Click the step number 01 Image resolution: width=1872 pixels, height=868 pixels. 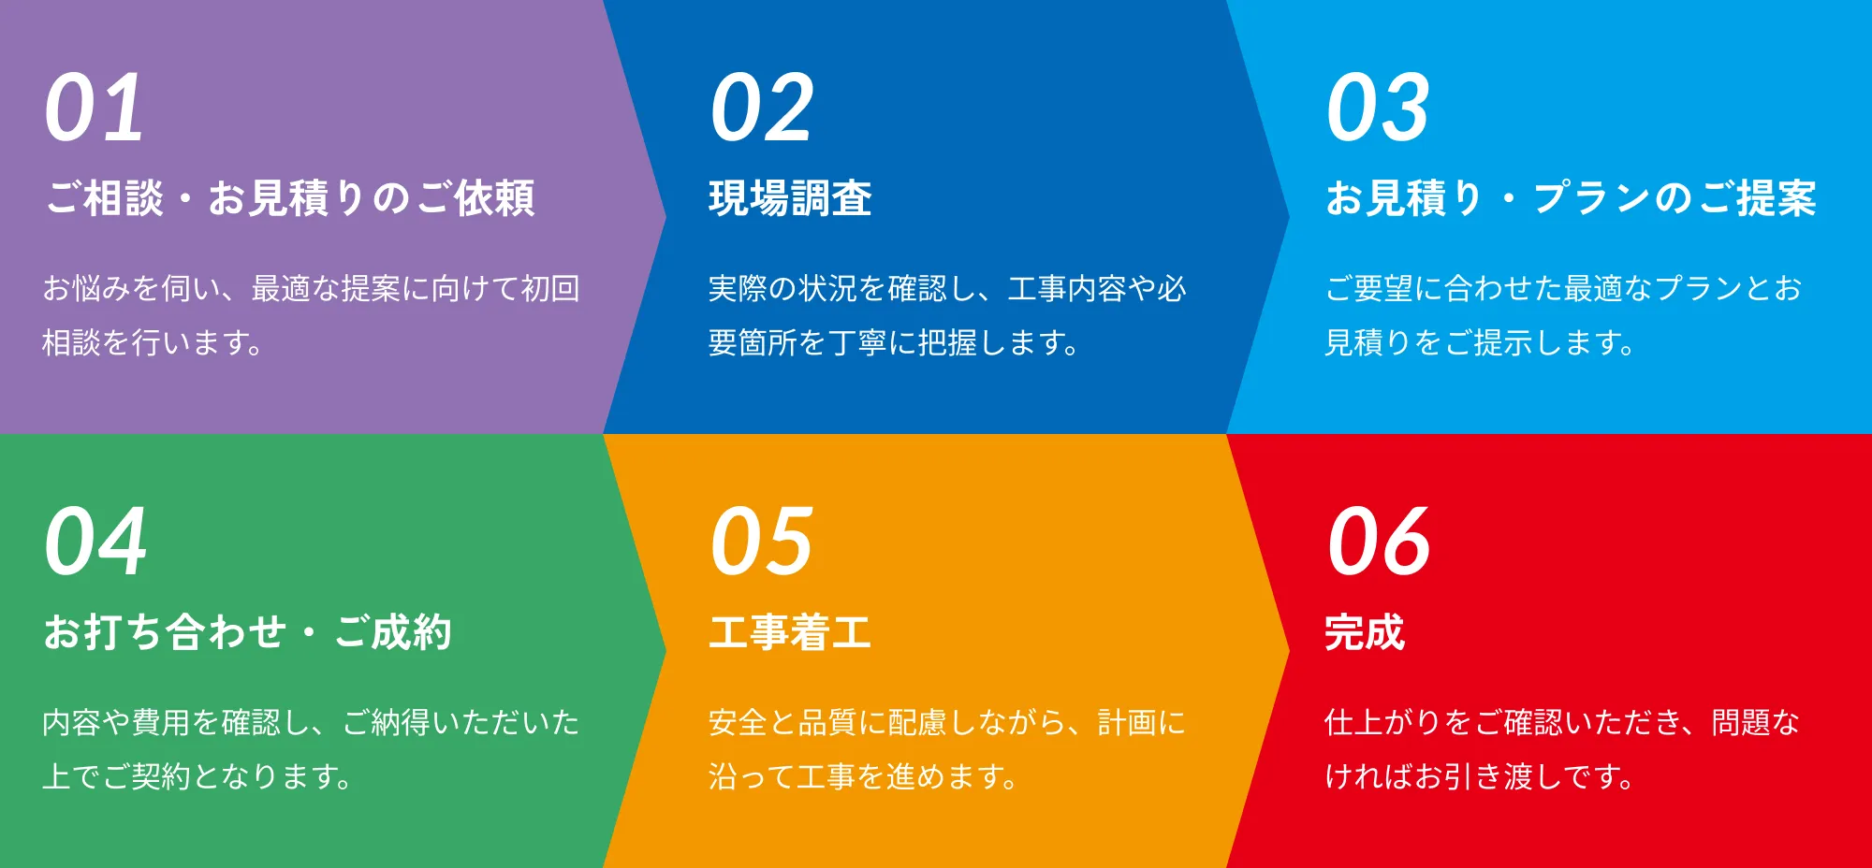(x=95, y=108)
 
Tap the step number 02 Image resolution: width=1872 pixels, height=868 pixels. (x=762, y=108)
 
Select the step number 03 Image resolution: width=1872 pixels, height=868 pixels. (x=1378, y=108)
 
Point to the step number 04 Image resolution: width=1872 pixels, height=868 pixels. (x=95, y=542)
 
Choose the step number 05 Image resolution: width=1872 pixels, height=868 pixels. (x=762, y=542)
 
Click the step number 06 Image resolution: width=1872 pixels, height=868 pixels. (x=1379, y=542)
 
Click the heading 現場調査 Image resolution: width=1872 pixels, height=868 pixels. (x=790, y=198)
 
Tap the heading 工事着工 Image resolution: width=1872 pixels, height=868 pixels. (x=790, y=632)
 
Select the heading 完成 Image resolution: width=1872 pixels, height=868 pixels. (x=1365, y=632)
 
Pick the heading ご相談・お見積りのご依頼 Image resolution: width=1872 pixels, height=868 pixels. (x=290, y=198)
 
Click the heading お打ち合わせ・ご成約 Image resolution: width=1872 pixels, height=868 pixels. (x=248, y=632)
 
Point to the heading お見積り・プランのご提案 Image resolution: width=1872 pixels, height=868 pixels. (x=1571, y=198)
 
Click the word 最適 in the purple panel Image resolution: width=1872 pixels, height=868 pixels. (x=281, y=288)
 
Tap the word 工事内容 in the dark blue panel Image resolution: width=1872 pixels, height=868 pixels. (x=1067, y=288)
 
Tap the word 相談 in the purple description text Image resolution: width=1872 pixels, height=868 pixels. (x=71, y=342)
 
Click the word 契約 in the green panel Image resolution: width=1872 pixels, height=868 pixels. (x=161, y=776)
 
